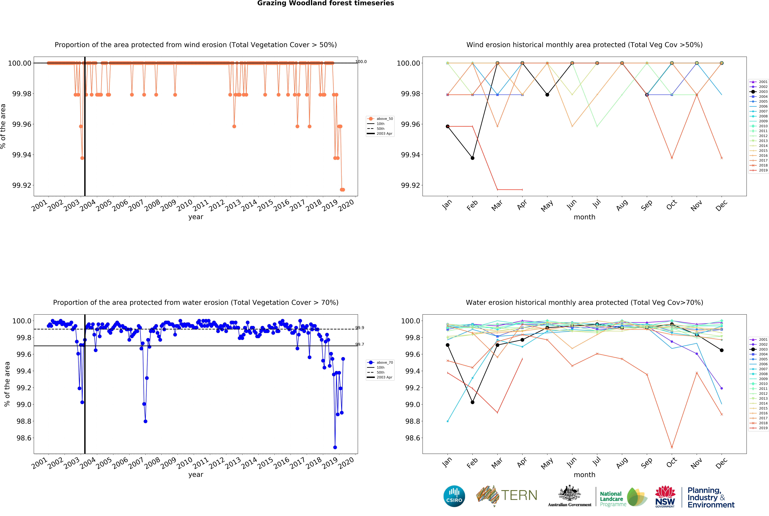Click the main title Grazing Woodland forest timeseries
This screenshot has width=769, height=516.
[326, 3]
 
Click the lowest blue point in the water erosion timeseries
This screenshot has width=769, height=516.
[335, 447]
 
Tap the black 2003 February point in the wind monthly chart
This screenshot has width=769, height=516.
[472, 158]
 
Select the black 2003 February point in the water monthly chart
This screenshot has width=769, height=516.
[472, 402]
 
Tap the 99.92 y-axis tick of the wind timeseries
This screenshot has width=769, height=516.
[22, 185]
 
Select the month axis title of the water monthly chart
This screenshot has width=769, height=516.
[584, 475]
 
